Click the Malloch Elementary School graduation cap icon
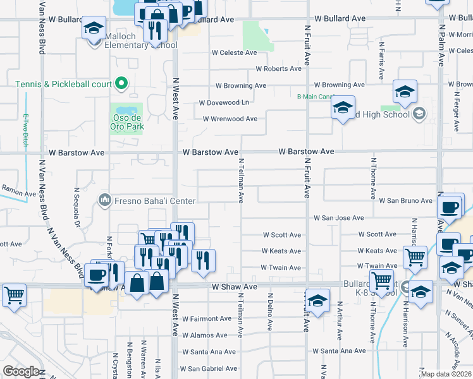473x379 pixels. [x=94, y=29]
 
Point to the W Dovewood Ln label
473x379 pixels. [x=224, y=102]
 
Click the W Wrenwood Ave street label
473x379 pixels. [x=230, y=119]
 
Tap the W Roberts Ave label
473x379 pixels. [x=278, y=69]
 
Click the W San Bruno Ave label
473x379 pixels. [x=405, y=201]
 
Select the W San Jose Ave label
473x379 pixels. [x=339, y=218]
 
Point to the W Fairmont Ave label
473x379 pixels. [x=207, y=318]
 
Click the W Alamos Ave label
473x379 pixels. [x=204, y=335]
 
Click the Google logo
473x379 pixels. [x=20, y=371]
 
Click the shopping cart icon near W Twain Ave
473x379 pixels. [x=414, y=256]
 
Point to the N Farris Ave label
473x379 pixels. [x=381, y=60]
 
